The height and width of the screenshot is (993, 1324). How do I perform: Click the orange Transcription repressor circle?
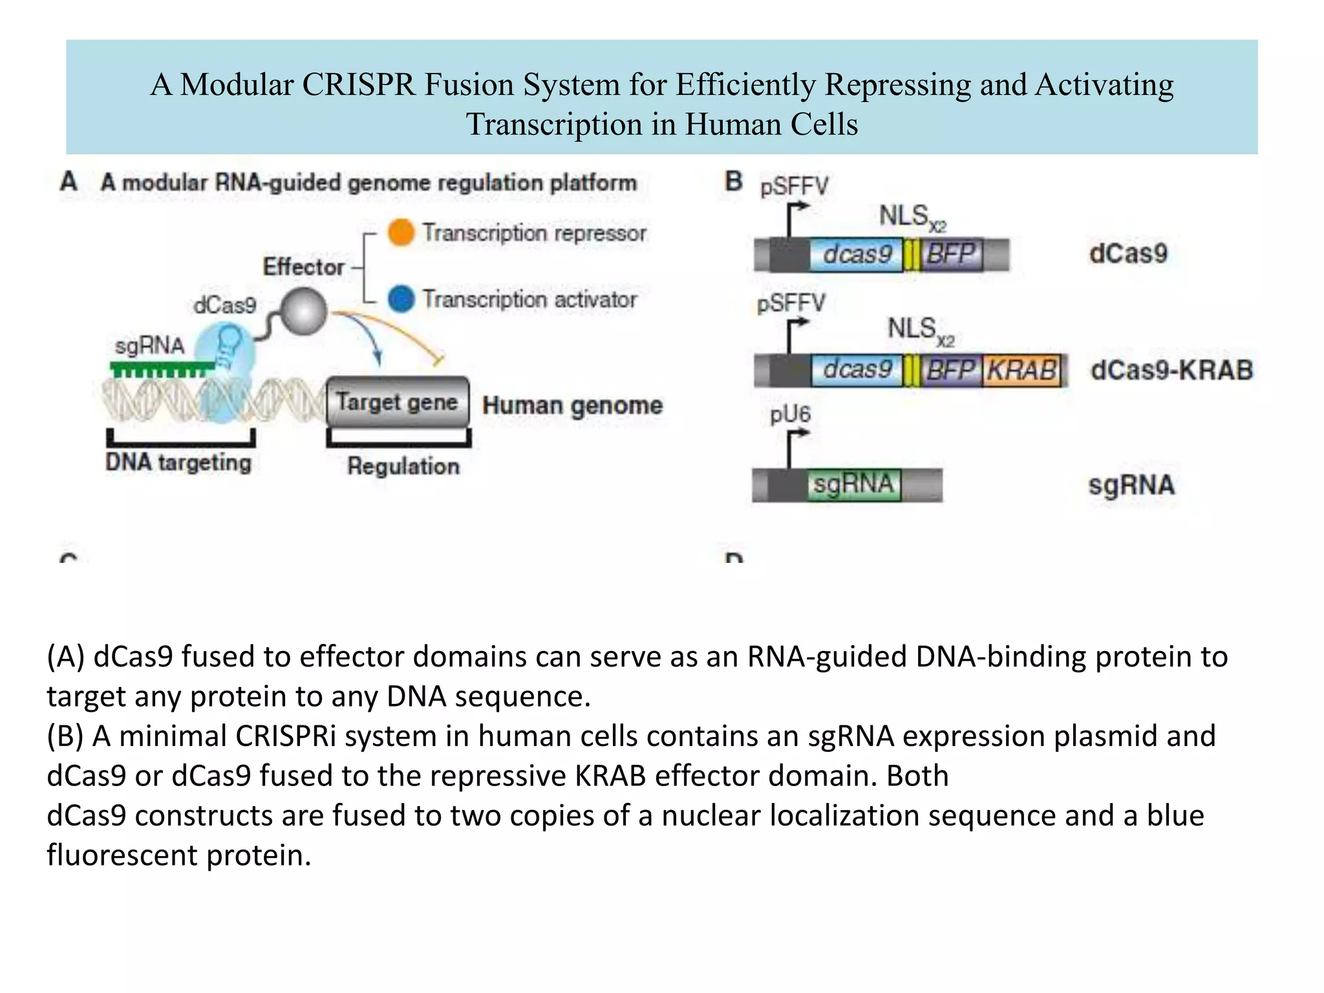tap(401, 233)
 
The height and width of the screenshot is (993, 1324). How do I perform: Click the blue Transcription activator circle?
tap(401, 299)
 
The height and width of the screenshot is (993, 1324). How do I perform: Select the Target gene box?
tap(398, 402)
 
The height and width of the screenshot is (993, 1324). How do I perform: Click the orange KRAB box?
tap(1022, 370)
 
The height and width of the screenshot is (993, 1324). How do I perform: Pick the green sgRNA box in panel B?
tap(853, 484)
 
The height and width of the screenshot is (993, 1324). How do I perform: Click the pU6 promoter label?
tap(790, 414)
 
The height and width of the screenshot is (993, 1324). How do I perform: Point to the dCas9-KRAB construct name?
tap(1171, 370)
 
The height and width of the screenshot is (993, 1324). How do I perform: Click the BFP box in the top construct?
tap(950, 254)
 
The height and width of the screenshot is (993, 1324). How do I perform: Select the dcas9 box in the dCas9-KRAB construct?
tap(857, 370)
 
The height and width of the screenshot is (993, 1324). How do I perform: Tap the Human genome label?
tap(572, 405)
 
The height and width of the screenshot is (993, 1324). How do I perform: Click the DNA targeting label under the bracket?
tap(178, 463)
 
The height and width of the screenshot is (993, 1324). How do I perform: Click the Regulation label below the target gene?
tap(403, 466)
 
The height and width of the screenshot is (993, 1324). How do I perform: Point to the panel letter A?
tap(69, 182)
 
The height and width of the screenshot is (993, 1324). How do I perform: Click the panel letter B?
tap(733, 182)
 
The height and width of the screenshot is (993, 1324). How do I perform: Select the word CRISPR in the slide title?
tap(358, 85)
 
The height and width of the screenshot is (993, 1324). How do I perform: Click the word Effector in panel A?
tap(303, 267)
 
